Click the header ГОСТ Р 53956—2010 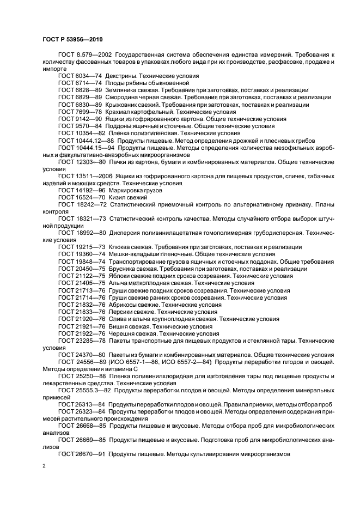click(x=72, y=40)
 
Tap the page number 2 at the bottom click(x=45, y=466)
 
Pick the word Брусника click(x=124, y=269)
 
